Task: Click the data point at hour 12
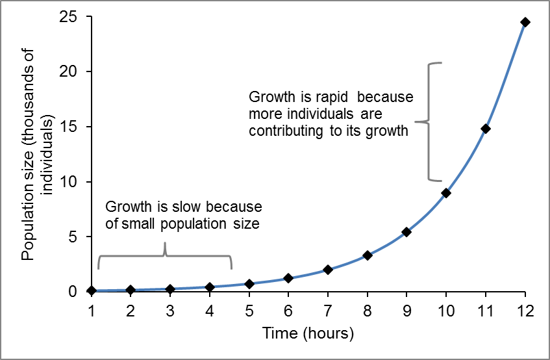coord(525,22)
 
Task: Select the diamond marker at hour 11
coord(486,129)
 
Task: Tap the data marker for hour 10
coord(446,193)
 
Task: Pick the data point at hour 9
coord(406,232)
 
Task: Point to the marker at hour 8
coord(368,255)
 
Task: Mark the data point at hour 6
coord(288,278)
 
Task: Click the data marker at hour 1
coord(91,290)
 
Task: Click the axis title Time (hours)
coord(308,335)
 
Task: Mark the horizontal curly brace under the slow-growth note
coord(165,255)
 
